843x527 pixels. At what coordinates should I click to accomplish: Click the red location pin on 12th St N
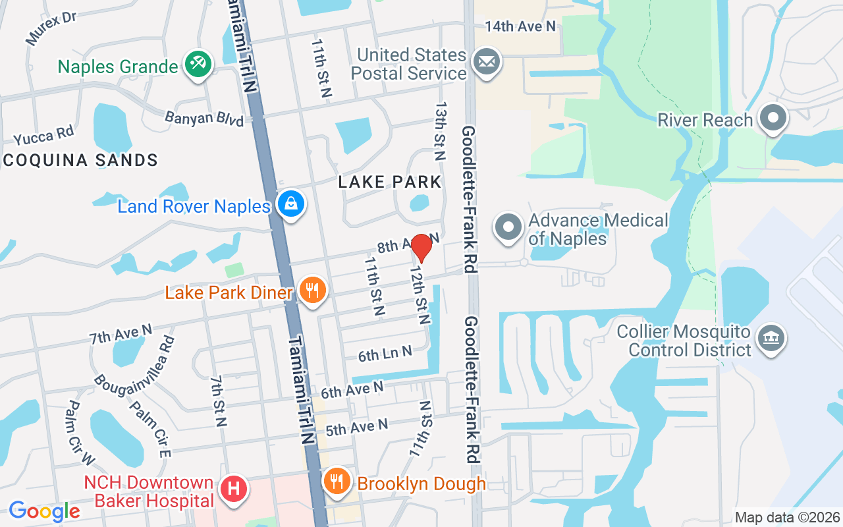(421, 248)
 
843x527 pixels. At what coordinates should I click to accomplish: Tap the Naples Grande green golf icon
(198, 65)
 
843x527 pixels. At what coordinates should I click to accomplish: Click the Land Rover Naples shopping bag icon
(290, 204)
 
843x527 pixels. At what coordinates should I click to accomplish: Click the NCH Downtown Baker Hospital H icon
(233, 489)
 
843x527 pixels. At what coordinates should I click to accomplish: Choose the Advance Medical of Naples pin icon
(508, 227)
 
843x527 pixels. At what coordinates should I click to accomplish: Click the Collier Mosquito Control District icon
(769, 339)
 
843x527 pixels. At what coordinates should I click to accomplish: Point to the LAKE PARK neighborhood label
(389, 182)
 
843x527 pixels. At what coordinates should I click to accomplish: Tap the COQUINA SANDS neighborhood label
(80, 160)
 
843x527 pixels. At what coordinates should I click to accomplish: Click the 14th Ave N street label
(520, 26)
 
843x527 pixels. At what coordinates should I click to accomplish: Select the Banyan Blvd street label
(204, 119)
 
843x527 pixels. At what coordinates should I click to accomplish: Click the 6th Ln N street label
(385, 354)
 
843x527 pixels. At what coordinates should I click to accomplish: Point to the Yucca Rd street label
(43, 134)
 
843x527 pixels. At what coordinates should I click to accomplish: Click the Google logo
(44, 511)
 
